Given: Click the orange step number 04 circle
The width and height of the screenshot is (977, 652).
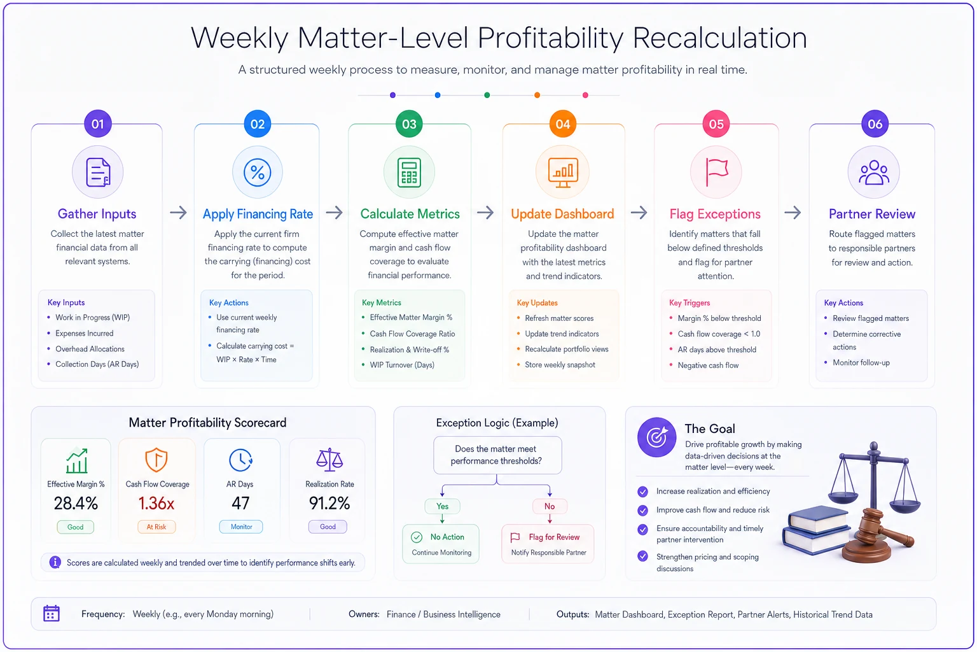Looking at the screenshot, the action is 563,124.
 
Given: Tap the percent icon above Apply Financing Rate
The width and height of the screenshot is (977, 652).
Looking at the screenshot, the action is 258,173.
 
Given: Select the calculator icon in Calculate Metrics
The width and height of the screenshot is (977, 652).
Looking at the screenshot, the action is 409,173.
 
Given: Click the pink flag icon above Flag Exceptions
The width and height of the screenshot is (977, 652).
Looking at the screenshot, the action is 717,172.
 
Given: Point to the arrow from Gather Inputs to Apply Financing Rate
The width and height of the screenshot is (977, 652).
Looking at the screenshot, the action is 178,213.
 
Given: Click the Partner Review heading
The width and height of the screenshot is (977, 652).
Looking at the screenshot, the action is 872,214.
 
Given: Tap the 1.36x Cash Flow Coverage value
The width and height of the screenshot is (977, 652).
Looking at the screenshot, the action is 156,504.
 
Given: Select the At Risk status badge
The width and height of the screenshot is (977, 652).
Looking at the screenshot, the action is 156,527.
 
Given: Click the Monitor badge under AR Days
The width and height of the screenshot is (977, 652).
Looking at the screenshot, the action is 241,527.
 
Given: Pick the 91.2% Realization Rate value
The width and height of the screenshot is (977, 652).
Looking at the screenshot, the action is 329,504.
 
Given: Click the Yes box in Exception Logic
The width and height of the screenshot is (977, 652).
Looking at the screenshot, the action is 442,506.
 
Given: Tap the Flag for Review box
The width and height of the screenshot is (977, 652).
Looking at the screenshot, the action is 548,544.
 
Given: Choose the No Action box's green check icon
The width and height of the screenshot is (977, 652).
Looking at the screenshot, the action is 417,537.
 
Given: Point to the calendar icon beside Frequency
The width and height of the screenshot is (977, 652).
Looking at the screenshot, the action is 52,614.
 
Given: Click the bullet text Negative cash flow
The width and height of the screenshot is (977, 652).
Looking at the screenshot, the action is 708,365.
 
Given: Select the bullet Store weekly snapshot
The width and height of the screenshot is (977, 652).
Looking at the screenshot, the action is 560,365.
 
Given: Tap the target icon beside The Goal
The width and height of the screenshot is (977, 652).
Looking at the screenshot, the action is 656,437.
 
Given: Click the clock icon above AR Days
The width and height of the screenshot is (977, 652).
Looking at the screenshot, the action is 240,460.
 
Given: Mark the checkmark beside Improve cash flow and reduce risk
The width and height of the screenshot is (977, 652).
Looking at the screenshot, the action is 642,510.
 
